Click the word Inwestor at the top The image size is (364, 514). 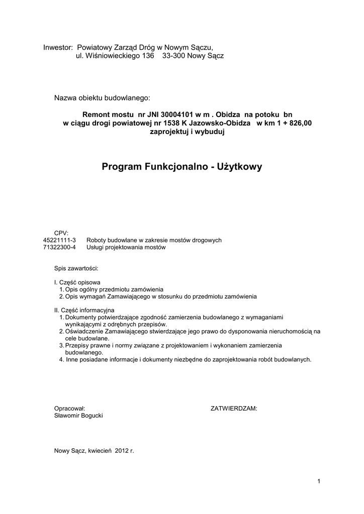pyautogui.click(x=58, y=47)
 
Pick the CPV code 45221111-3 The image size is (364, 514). pyautogui.click(x=60, y=240)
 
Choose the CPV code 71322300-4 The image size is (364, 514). pyautogui.click(x=60, y=247)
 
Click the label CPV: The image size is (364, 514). pyautogui.click(x=61, y=232)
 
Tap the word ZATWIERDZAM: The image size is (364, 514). pyautogui.click(x=233, y=409)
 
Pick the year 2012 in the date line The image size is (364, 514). pyautogui.click(x=122, y=451)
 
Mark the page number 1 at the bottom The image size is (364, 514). pyautogui.click(x=319, y=482)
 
